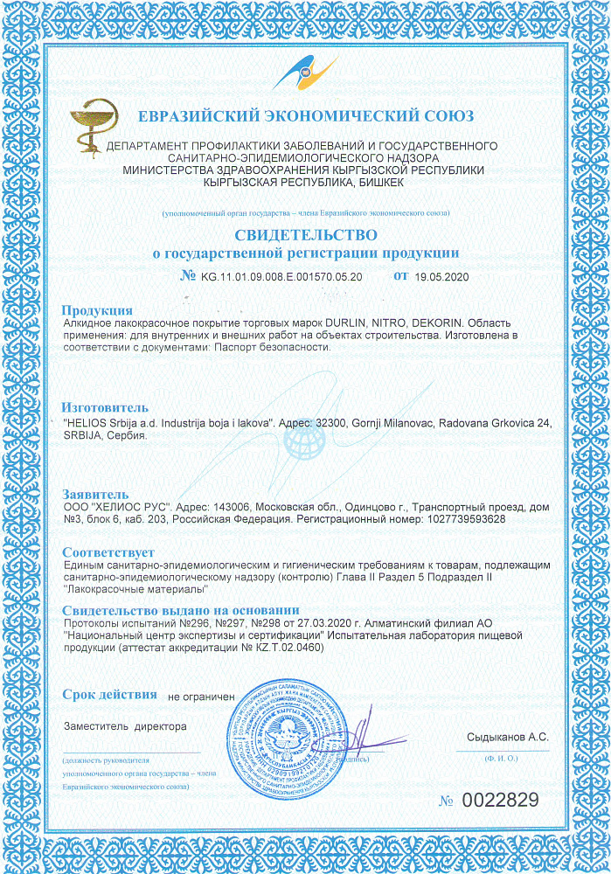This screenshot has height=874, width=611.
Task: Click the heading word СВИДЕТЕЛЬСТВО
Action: pyautogui.click(x=305, y=235)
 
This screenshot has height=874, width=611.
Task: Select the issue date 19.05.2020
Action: pyautogui.click(x=442, y=276)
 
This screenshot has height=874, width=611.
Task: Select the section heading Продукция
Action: pyautogui.click(x=97, y=310)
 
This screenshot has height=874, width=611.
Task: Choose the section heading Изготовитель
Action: pyautogui.click(x=105, y=407)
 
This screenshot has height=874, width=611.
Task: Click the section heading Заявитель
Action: pyautogui.click(x=95, y=494)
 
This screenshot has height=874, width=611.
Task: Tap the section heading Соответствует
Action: pyautogui.click(x=108, y=552)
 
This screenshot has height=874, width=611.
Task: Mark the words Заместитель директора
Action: pyautogui.click(x=125, y=726)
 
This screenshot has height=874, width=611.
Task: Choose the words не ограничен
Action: pyautogui.click(x=201, y=697)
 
